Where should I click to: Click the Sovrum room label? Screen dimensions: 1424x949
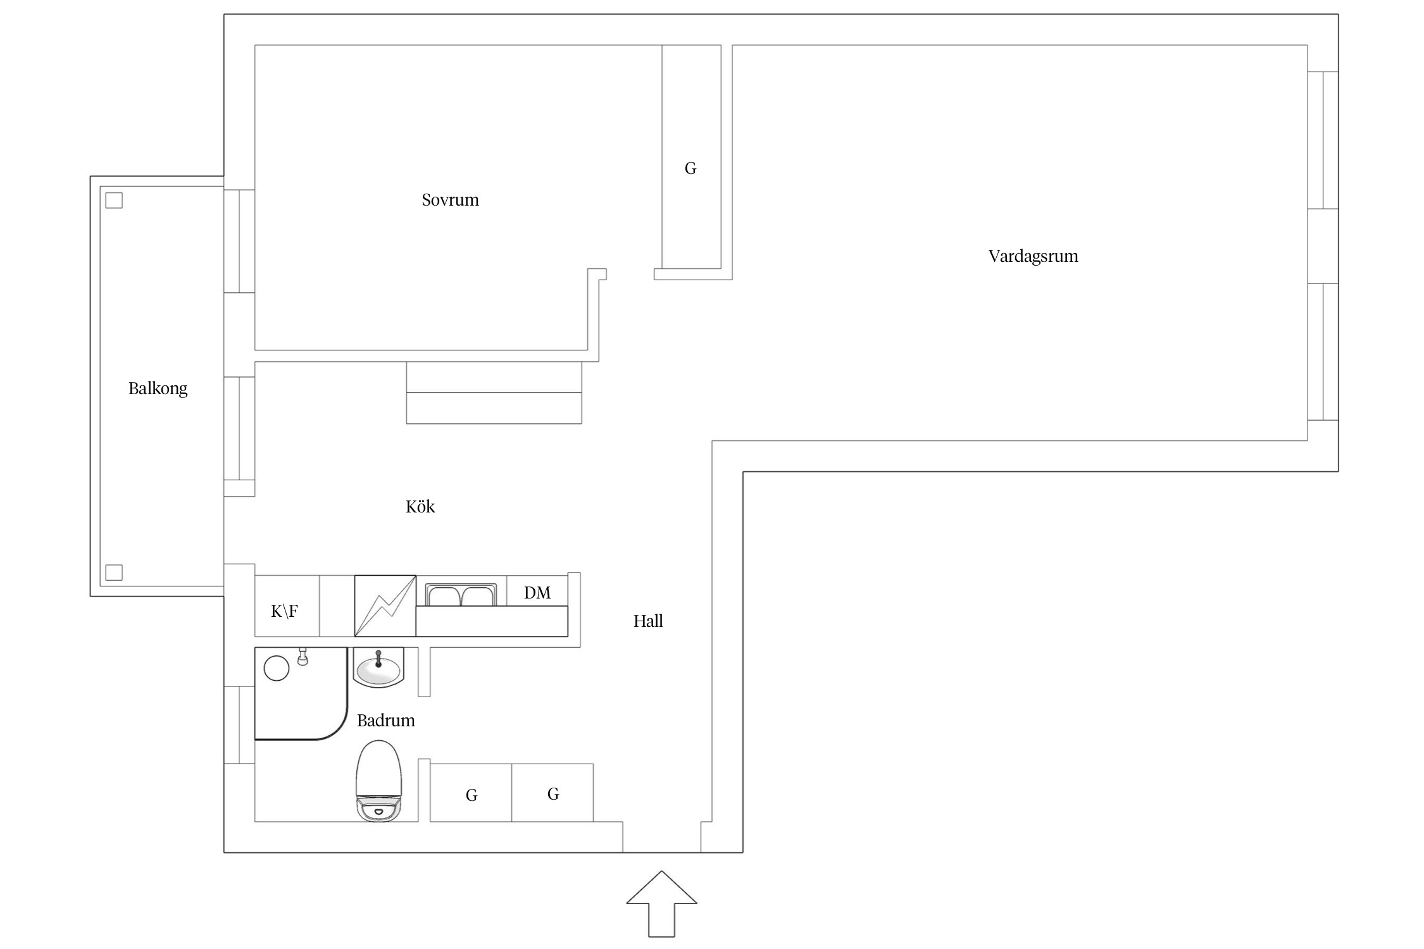point(450,200)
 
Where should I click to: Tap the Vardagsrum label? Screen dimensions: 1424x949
point(1033,256)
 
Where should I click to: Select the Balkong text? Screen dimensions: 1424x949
point(158,388)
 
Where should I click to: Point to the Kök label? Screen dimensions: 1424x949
point(420,506)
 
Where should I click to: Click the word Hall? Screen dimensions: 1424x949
point(648,621)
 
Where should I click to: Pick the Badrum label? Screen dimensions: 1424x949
point(385,720)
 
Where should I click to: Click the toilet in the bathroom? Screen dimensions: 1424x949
point(378,781)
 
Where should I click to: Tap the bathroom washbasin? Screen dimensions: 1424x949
point(378,667)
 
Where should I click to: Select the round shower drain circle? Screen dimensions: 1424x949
point(277,668)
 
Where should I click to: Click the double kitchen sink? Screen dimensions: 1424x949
point(461,595)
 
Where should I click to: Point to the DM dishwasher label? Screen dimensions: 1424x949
point(537,593)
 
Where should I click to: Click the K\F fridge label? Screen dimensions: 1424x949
point(284,611)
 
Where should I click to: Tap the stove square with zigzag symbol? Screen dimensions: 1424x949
point(385,605)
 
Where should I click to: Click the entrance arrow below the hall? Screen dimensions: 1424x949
point(661,903)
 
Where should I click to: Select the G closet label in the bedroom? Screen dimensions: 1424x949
point(690,168)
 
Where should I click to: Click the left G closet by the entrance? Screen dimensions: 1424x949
point(471,793)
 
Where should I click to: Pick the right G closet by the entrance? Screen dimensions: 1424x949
point(553,793)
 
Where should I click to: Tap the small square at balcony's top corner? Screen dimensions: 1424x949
point(114,201)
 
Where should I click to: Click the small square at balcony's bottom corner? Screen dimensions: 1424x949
point(114,573)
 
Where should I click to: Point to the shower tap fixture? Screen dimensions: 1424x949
point(303,657)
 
